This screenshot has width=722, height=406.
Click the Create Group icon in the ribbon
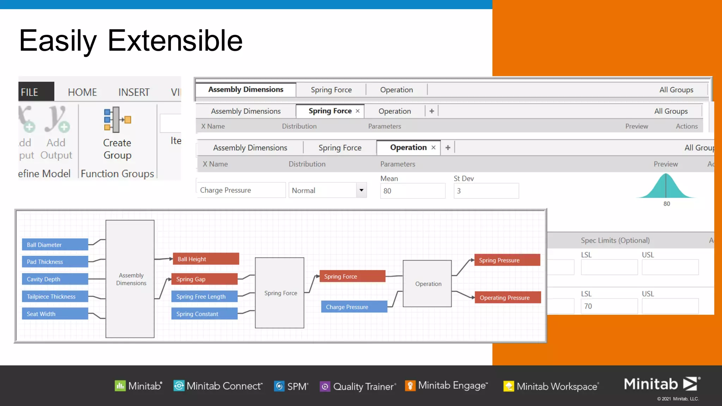(x=117, y=120)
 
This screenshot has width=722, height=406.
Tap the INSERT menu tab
(x=134, y=92)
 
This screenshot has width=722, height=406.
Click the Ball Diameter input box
(x=55, y=245)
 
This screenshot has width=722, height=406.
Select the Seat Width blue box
(x=55, y=314)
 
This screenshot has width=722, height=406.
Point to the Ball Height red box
(x=206, y=259)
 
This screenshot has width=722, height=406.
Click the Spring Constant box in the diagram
(x=204, y=314)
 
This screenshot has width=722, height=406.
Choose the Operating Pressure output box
(x=507, y=297)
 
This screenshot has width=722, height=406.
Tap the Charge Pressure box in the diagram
(x=354, y=307)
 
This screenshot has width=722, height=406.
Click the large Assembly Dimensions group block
(x=130, y=279)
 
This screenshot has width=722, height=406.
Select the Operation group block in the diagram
(x=427, y=284)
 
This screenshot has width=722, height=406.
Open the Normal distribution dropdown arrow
(x=361, y=190)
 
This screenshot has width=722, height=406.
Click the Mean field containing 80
(x=412, y=191)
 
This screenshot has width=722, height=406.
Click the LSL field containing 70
(x=609, y=306)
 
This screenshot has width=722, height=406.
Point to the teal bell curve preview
(x=665, y=186)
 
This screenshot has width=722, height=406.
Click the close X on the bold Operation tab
(x=433, y=148)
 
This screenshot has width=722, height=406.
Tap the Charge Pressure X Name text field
(x=241, y=190)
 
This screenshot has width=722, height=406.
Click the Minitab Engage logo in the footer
(x=447, y=386)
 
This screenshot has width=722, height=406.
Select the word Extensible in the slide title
(x=175, y=41)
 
